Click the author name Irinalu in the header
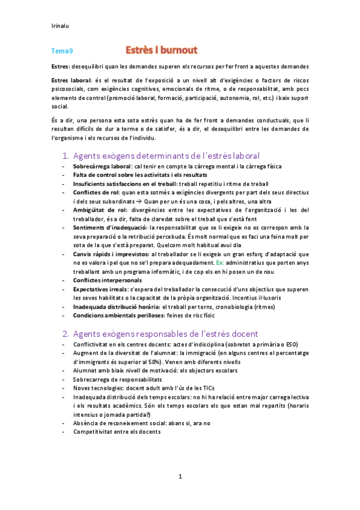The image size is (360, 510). click(60, 26)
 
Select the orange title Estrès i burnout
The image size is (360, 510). click(161, 49)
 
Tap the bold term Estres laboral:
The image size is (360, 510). click(72, 79)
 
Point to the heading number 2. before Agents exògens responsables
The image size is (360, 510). click(66, 333)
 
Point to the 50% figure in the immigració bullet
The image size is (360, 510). click(158, 362)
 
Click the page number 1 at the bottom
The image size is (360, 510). click(180, 477)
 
